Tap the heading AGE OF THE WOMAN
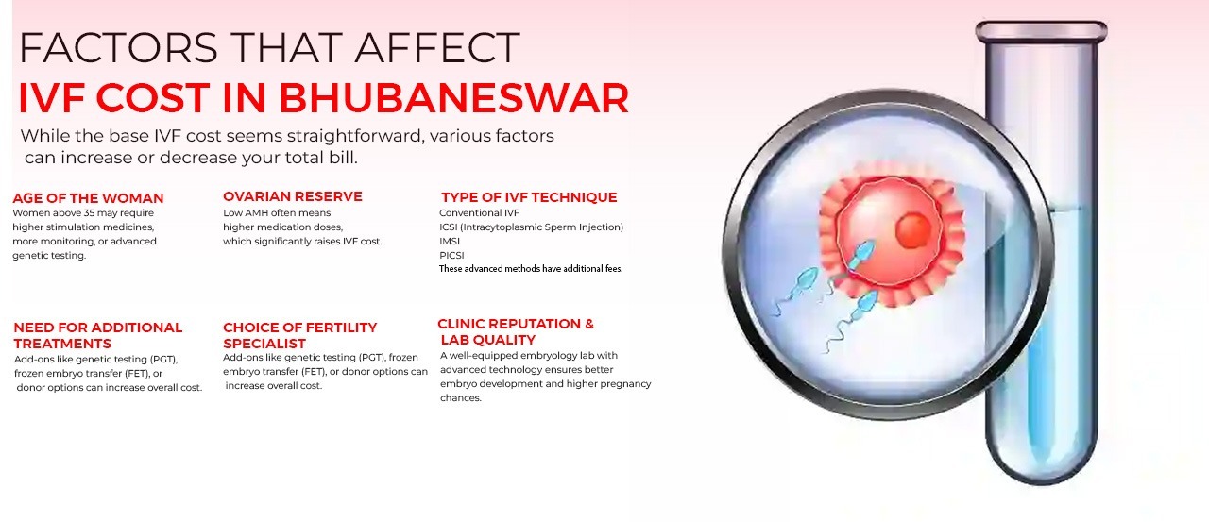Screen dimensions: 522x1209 click(88, 198)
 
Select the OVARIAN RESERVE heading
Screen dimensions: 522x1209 click(292, 196)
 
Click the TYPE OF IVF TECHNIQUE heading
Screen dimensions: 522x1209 click(529, 197)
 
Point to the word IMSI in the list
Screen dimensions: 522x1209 click(450, 241)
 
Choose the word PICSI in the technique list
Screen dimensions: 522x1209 click(451, 255)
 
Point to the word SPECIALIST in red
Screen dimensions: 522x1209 click(264, 344)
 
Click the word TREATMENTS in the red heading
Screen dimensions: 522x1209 click(62, 344)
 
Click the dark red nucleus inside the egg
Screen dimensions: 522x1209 click(913, 229)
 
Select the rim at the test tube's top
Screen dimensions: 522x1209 click(1041, 31)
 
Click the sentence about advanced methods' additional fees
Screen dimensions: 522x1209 click(531, 269)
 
